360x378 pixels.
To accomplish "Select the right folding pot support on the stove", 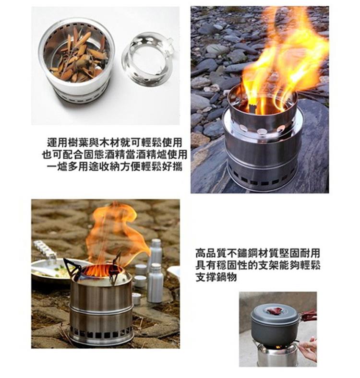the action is click(x=115, y=268).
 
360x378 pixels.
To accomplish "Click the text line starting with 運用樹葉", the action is click(x=114, y=142).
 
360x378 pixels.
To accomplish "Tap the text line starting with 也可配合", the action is click(x=114, y=154).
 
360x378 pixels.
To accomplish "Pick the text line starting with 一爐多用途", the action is click(x=114, y=166).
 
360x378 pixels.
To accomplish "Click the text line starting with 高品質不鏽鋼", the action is click(x=258, y=254).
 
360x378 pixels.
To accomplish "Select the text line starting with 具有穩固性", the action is click(x=258, y=266).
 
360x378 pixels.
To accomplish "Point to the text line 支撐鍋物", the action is click(x=216, y=278).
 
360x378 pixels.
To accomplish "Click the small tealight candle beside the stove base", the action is click(x=137, y=298).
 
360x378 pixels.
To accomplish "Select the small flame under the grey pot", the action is click(x=278, y=347).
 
